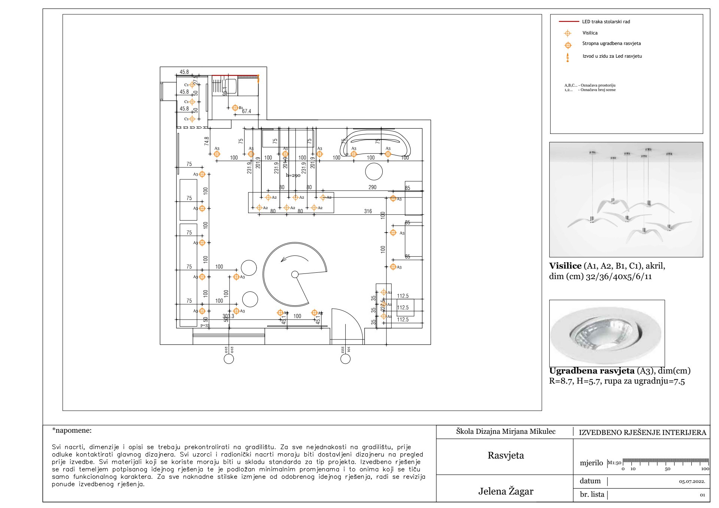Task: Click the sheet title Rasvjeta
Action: [506, 456]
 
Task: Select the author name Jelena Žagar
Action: [506, 491]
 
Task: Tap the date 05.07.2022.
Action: [692, 482]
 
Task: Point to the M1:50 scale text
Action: [614, 463]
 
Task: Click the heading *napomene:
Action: [72, 430]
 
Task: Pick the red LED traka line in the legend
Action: [568, 22]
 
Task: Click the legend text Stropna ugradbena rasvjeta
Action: [611, 43]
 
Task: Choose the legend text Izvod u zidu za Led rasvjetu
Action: [612, 56]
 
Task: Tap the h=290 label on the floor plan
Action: [293, 175]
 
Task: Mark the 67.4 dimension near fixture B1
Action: [246, 111]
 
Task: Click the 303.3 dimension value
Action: [228, 316]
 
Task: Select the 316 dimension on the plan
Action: [368, 211]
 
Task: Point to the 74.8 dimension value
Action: [207, 141]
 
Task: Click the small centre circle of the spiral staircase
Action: [295, 275]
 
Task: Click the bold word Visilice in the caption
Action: [565, 266]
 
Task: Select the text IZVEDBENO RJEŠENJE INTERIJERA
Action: [642, 433]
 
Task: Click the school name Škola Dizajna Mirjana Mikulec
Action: [506, 432]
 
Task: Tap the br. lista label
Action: [592, 495]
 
